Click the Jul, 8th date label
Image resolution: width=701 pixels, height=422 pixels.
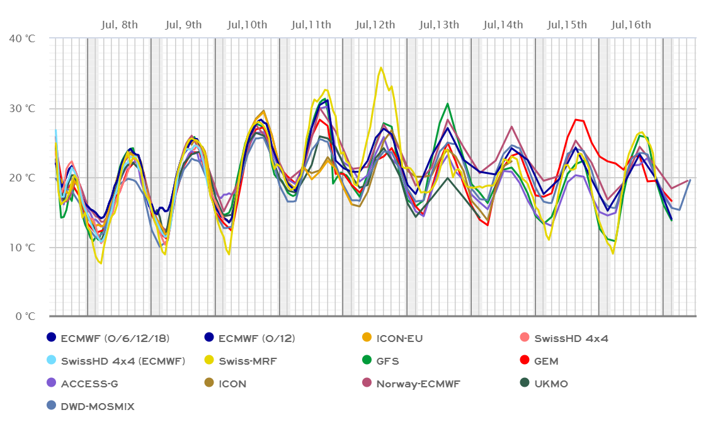click(x=119, y=25)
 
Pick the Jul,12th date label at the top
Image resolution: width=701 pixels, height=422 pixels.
click(x=375, y=25)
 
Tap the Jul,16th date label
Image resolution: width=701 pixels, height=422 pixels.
click(x=630, y=25)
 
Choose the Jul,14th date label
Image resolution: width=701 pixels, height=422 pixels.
click(x=503, y=25)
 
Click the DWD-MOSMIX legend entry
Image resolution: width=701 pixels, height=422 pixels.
click(x=98, y=406)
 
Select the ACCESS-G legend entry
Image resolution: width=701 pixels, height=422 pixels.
click(x=89, y=384)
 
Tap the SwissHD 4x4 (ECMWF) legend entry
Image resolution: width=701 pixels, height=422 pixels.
click(x=122, y=361)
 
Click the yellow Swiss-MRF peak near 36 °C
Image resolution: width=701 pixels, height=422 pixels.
click(x=381, y=67)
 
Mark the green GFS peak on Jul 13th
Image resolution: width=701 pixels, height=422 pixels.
click(x=447, y=103)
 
